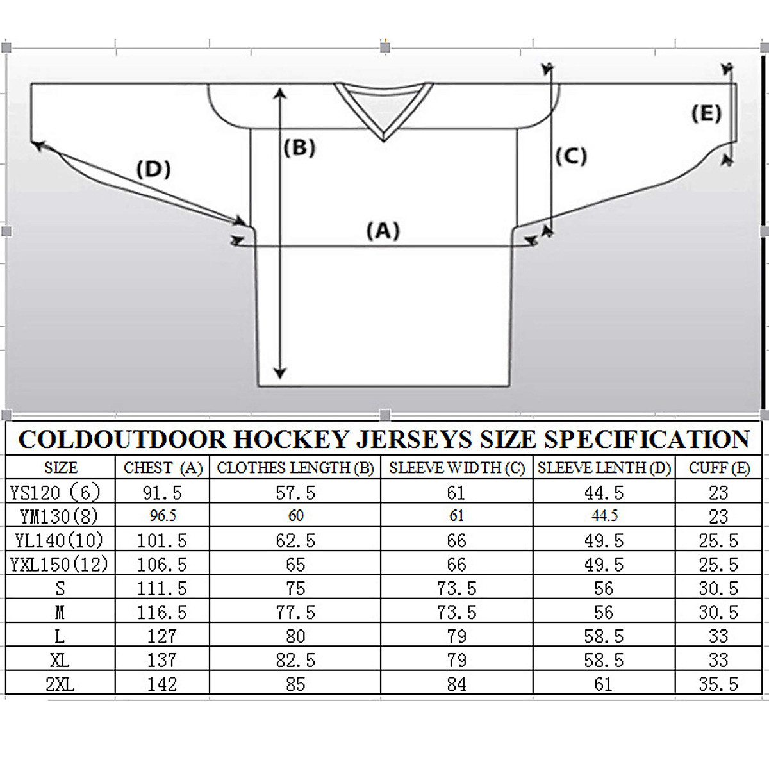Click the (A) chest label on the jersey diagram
pyautogui.click(x=383, y=230)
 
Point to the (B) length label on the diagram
pyautogui.click(x=300, y=148)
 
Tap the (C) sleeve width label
pyautogui.click(x=570, y=156)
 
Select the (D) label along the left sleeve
pyautogui.click(x=153, y=169)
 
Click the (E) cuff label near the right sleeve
pyautogui.click(x=706, y=113)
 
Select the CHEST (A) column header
pyautogui.click(x=163, y=468)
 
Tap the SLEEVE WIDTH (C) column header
pyautogui.click(x=456, y=468)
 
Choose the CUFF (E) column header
pyautogui.click(x=719, y=468)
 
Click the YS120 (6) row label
pyautogui.click(x=56, y=492)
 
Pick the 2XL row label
pyautogui.click(x=60, y=684)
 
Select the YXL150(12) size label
pyautogui.click(x=59, y=565)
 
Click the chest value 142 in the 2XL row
pyautogui.click(x=161, y=684)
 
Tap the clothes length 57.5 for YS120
pyautogui.click(x=295, y=492)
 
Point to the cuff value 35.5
pyautogui.click(x=718, y=684)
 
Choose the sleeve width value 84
pyautogui.click(x=456, y=684)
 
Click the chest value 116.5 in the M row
pyautogui.click(x=161, y=613)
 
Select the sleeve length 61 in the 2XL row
pyautogui.click(x=603, y=684)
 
